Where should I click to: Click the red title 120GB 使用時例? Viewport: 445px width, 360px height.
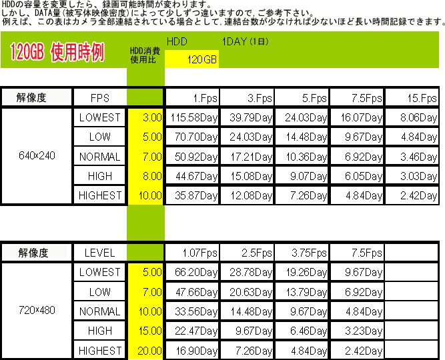pos(57,52)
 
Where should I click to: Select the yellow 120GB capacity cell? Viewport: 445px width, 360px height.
pos(191,59)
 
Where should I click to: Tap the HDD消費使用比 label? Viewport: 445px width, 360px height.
pos(145,55)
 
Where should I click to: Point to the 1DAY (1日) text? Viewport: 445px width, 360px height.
pos(245,42)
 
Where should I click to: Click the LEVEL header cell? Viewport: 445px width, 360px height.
pos(99,253)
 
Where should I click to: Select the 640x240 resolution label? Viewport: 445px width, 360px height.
pos(37,155)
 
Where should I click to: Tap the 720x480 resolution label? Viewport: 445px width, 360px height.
pos(37,310)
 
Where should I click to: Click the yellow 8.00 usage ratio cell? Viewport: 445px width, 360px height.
pos(145,176)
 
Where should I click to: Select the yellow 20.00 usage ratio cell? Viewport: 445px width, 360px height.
pos(145,351)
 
